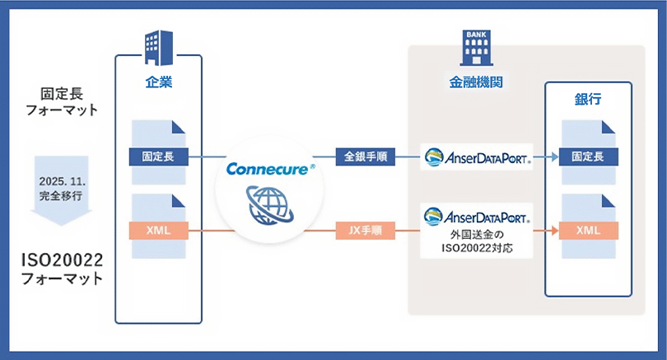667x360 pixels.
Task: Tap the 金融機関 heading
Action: (477, 82)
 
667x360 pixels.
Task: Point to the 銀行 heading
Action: (587, 99)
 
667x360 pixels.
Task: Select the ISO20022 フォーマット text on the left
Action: (63, 269)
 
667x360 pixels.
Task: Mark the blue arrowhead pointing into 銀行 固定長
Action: (553, 155)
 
